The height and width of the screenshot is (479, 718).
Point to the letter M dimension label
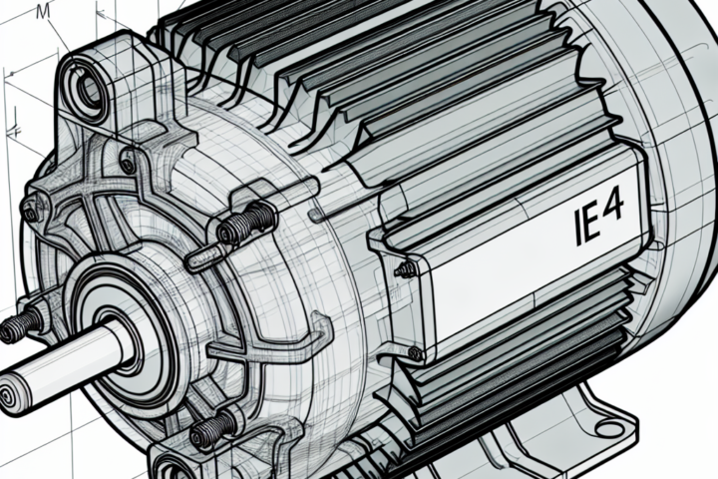click(x=41, y=12)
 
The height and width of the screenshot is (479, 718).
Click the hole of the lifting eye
click(x=89, y=90)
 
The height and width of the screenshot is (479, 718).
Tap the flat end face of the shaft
click(x=9, y=397)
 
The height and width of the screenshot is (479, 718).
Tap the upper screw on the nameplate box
click(x=406, y=268)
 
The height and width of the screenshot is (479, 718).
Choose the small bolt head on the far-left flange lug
click(x=32, y=213)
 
